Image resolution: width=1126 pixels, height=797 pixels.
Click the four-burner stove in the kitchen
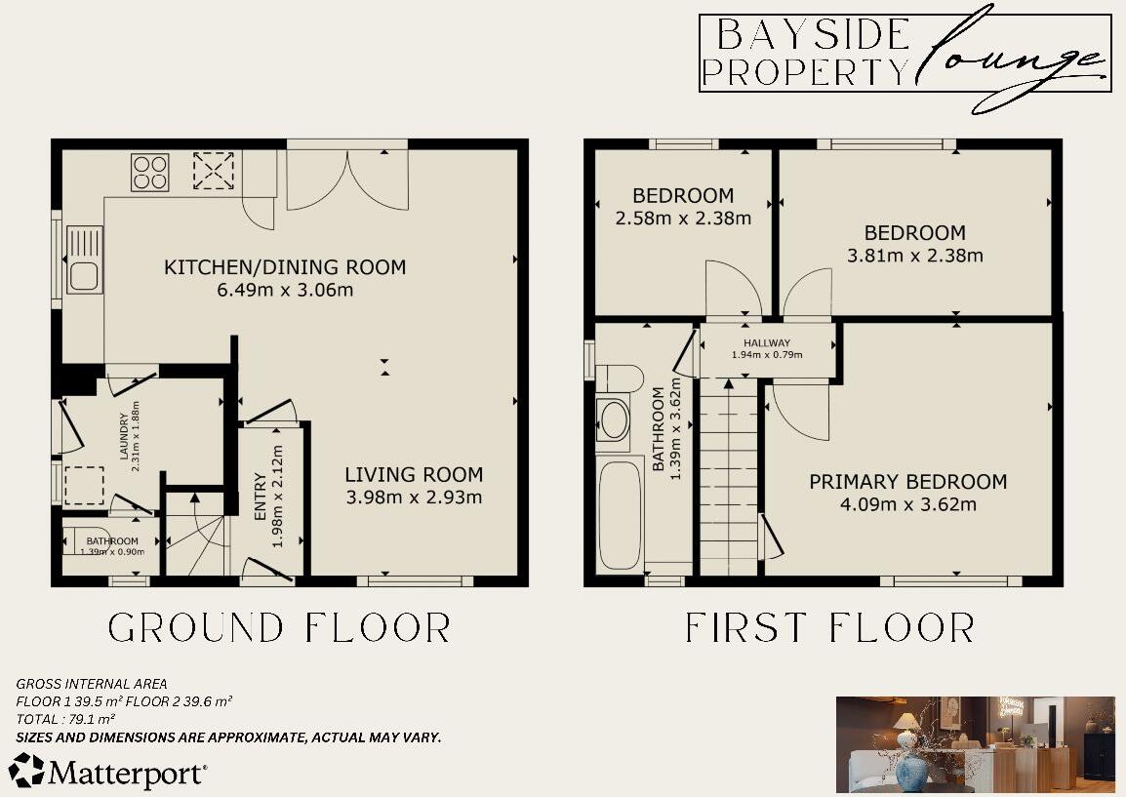click(x=149, y=173)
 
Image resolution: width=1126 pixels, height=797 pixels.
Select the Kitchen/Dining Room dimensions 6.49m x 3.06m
click(x=284, y=290)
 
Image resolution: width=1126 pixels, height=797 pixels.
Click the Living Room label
click(x=414, y=475)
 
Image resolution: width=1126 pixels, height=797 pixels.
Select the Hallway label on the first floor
click(x=767, y=343)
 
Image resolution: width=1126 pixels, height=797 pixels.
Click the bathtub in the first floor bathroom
click(x=619, y=515)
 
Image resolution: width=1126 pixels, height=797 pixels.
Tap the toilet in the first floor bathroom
click(x=619, y=378)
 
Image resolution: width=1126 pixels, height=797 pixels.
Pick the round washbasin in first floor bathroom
click(x=614, y=420)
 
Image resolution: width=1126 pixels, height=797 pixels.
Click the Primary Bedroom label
click(x=907, y=482)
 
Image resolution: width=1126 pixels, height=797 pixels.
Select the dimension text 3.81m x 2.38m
click(x=915, y=257)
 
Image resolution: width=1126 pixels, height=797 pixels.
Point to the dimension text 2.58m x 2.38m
click(x=683, y=219)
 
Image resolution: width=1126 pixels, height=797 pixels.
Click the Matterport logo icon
click(x=27, y=770)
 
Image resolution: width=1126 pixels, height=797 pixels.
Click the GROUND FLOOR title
click(x=279, y=627)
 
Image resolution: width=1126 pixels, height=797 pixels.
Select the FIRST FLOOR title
click(x=829, y=627)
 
